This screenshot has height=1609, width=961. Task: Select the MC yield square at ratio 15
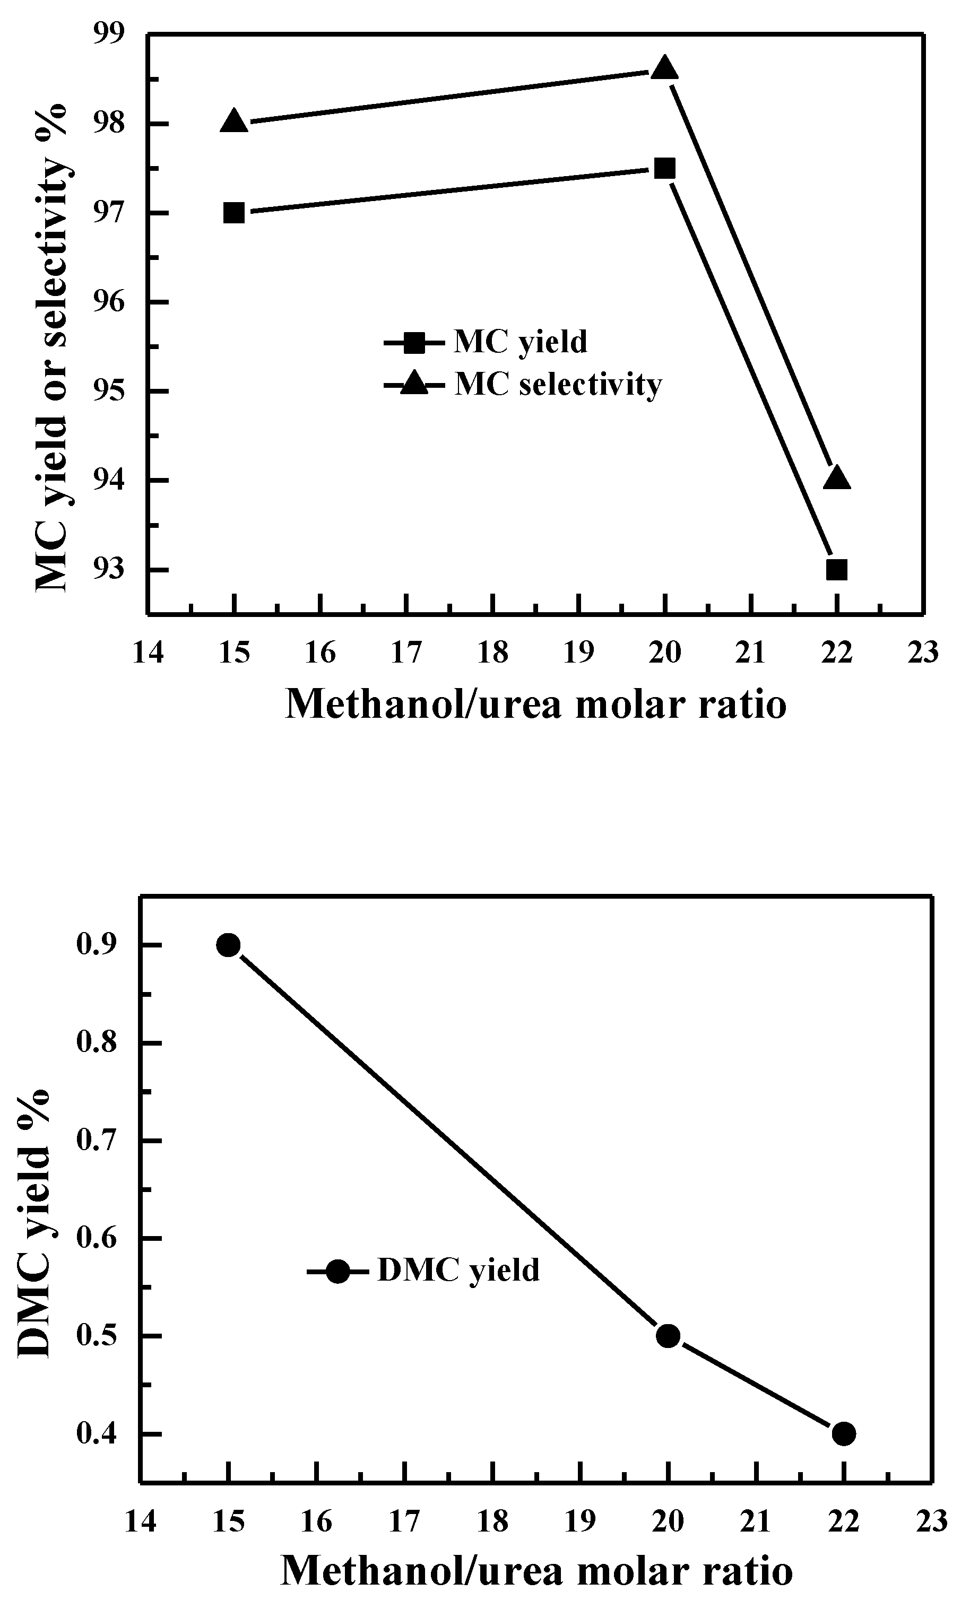point(234,213)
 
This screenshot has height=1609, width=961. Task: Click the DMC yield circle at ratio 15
point(228,945)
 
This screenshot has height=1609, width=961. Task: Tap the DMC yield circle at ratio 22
point(843,1433)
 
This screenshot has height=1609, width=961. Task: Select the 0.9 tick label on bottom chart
point(97,945)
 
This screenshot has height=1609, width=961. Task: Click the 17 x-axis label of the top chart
point(406,653)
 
